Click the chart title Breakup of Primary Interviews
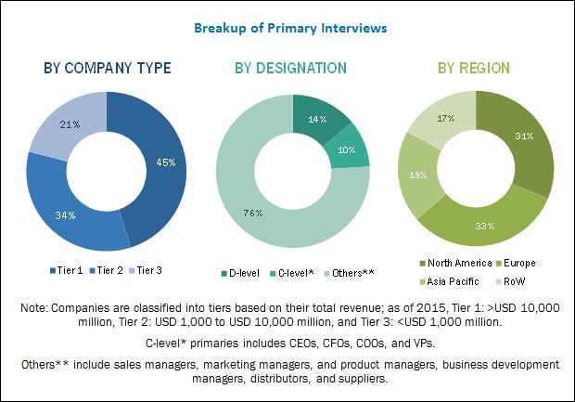coord(289,28)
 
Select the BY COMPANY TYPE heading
coord(105,68)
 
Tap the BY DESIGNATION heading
coord(290,68)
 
